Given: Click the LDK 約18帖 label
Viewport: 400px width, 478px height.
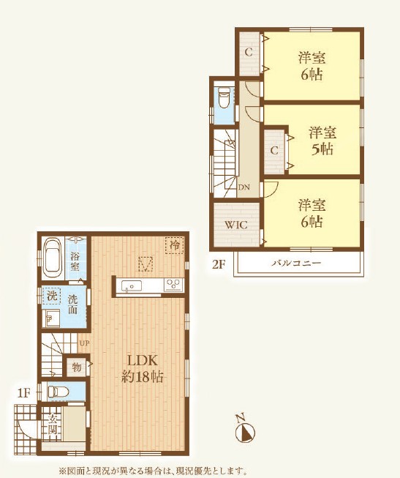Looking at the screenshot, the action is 143,369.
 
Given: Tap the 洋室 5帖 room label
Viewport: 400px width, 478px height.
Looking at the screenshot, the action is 322,141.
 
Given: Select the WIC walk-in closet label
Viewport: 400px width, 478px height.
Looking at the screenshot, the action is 236,225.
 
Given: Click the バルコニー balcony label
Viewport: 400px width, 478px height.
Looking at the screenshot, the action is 296,263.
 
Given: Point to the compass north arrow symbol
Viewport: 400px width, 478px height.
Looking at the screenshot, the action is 245,428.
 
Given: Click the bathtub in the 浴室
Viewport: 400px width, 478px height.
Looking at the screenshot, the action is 53,258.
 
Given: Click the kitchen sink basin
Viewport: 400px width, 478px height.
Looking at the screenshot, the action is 132,286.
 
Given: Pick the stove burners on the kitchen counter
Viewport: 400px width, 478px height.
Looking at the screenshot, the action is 173,285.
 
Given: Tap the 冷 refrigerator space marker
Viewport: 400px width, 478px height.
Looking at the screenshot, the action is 175,245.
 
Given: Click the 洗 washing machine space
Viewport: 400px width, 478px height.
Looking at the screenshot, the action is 52,296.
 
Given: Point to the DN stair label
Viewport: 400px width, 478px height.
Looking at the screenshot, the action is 244,187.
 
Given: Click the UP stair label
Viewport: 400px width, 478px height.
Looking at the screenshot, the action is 84,343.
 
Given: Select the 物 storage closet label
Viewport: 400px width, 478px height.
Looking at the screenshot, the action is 77,367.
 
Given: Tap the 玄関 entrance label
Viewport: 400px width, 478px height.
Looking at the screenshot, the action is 52,425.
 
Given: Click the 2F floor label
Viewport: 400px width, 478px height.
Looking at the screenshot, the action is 219,264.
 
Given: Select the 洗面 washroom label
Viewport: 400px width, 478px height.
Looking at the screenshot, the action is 72,305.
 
